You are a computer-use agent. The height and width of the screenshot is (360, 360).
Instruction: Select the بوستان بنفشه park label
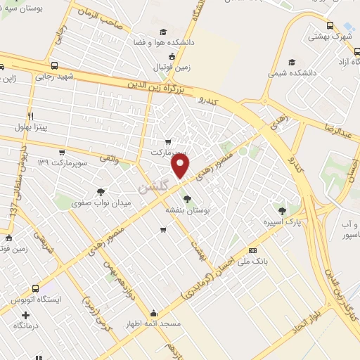pos(185,210)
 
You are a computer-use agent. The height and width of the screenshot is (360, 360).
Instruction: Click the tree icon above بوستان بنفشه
pos(186,199)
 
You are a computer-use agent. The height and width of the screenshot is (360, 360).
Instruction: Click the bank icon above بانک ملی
pos(252,250)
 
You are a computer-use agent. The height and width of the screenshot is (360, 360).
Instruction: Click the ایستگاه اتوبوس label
pos(37,300)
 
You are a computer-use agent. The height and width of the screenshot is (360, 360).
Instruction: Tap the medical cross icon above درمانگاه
pos(26,314)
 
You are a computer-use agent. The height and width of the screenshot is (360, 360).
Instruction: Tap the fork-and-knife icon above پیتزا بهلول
pos(30,116)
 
